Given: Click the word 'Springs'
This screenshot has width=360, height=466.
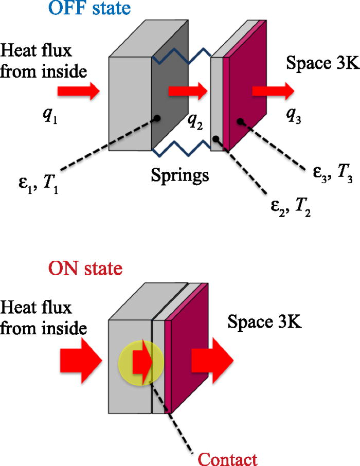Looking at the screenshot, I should tap(180, 175).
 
